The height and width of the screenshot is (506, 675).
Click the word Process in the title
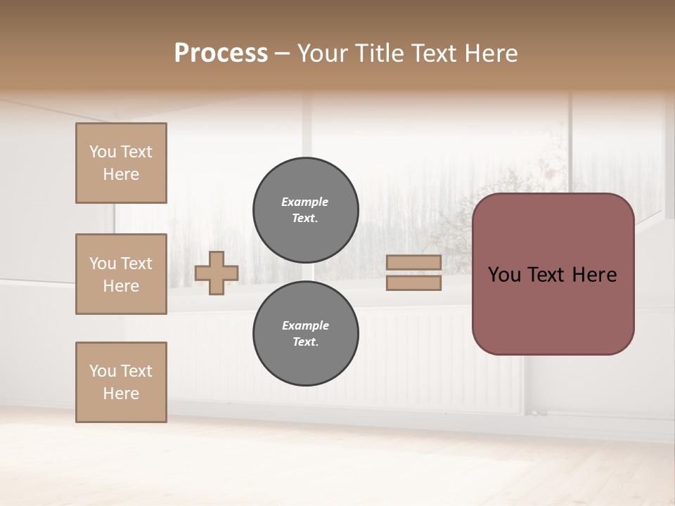point(221,53)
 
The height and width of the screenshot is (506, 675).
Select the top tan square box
point(121,163)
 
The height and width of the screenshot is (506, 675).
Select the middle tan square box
point(121,274)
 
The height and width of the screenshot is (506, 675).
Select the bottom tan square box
point(121,382)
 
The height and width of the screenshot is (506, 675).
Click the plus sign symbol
point(217,273)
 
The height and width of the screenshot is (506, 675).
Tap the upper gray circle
point(306,210)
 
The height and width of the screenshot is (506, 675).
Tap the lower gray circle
point(306,334)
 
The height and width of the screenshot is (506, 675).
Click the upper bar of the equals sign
point(414,262)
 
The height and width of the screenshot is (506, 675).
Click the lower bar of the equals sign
point(414,283)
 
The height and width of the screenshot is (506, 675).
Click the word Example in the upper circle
point(305,202)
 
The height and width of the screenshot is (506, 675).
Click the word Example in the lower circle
point(305,325)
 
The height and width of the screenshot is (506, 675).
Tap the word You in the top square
point(103,152)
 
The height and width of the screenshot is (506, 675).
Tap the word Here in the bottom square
point(121,394)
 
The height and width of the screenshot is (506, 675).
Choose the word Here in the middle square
point(121,286)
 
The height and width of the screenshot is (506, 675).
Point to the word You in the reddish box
point(504,275)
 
